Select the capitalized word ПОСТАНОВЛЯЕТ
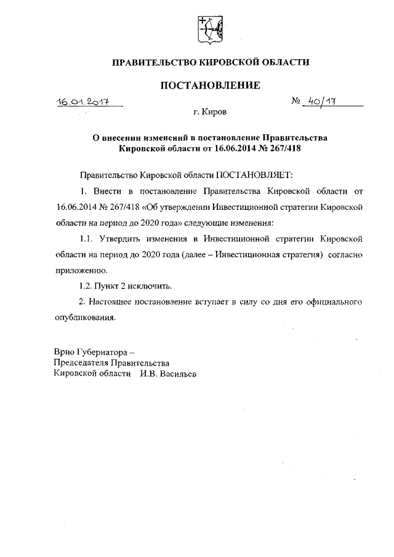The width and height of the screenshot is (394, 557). pyautogui.click(x=251, y=175)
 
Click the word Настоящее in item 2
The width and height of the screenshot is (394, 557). pyautogui.click(x=110, y=302)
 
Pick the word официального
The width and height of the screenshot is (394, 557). pyautogui.click(x=332, y=302)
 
